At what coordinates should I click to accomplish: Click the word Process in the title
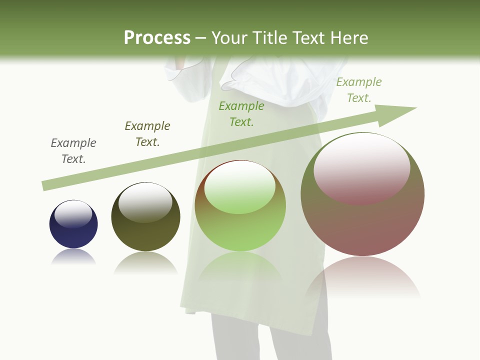point(157,37)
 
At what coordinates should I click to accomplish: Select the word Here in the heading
point(347,37)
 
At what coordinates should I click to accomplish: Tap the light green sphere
point(240,230)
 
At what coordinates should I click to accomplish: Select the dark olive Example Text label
point(147,134)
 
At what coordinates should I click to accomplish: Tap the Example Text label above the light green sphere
point(241,114)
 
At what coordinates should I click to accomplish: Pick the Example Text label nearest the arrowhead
point(359,90)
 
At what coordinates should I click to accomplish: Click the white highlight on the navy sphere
point(73,214)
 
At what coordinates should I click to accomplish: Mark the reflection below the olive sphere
point(145,262)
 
